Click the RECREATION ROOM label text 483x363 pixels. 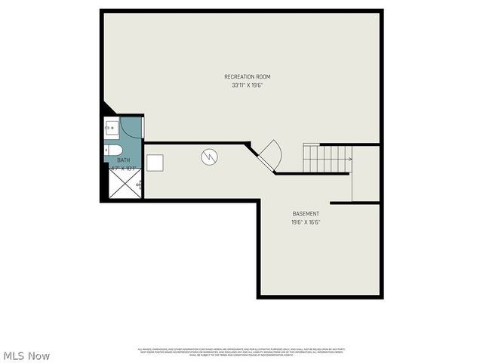pyautogui.click(x=247, y=76)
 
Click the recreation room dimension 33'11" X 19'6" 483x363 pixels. pyautogui.click(x=247, y=85)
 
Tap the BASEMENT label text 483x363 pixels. pyautogui.click(x=306, y=214)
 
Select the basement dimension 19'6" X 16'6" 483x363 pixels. pyautogui.click(x=306, y=222)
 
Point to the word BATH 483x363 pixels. pyautogui.click(x=123, y=161)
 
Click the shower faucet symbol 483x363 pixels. pyautogui.click(x=138, y=184)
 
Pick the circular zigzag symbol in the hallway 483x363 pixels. pyautogui.click(x=209, y=157)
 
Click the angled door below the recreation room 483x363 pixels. pyautogui.click(x=269, y=156)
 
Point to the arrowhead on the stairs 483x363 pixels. pyautogui.click(x=350, y=159)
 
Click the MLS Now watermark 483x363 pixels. pyautogui.click(x=26, y=355)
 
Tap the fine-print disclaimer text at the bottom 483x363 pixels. pyautogui.click(x=241, y=351)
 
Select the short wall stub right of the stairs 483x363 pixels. pyautogui.click(x=355, y=202)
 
